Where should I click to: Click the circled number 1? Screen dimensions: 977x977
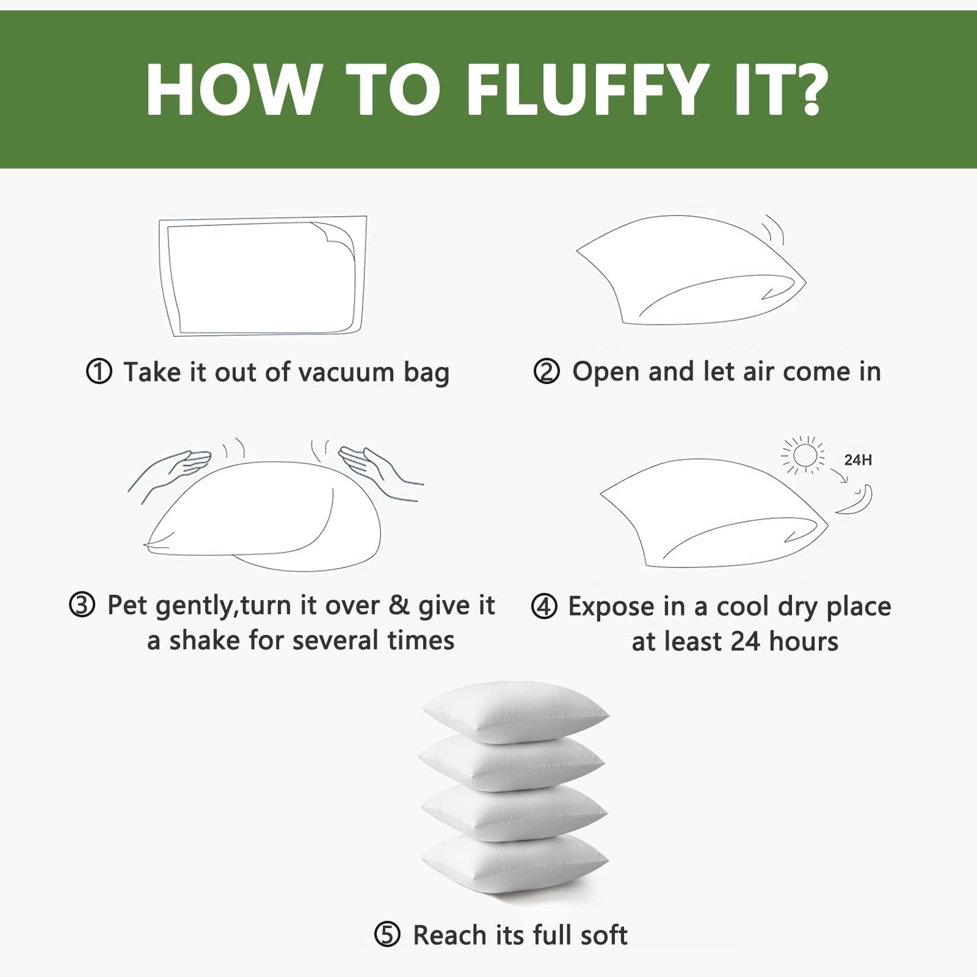coord(99,372)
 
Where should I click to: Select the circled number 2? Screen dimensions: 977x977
coord(547,372)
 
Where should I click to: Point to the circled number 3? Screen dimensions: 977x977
coord(82,605)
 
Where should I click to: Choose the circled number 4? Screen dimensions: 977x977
coord(544,606)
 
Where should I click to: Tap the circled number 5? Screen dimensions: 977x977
coord(387,935)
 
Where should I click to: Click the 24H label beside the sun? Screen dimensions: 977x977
coord(858,460)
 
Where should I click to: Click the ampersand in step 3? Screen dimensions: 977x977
coord(399,605)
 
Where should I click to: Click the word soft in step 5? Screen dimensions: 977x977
coord(604,935)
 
